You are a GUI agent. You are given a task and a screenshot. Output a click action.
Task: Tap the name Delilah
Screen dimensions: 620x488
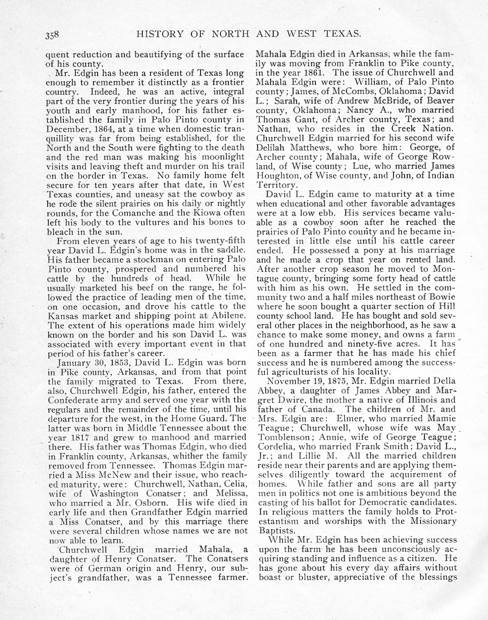coord(272,147)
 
